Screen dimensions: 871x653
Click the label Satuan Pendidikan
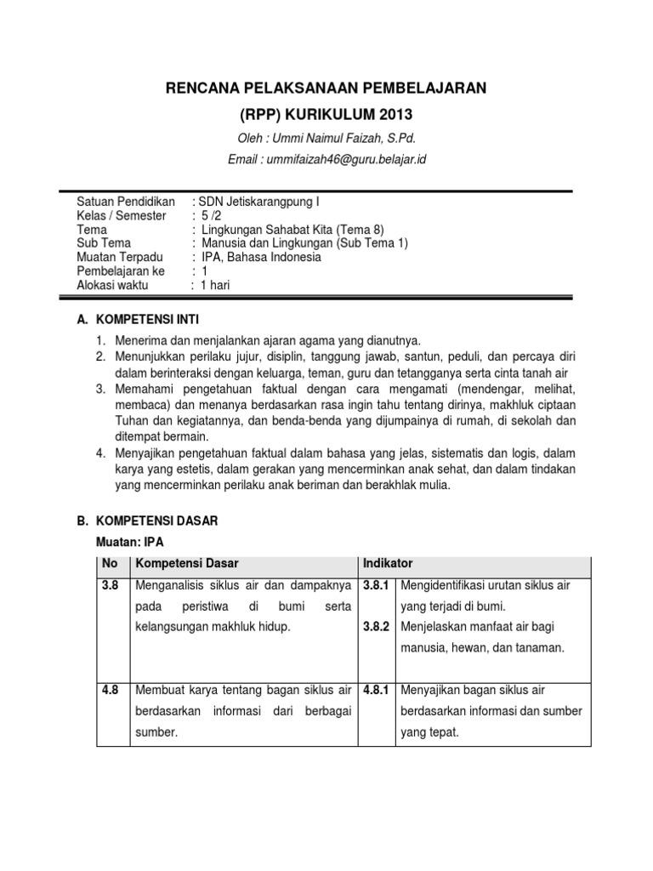[x=125, y=202]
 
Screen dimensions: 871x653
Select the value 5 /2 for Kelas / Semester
[x=211, y=216]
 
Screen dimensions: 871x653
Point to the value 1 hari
[x=215, y=286]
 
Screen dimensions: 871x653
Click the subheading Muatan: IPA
[x=131, y=542]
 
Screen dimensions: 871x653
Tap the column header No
[x=110, y=564]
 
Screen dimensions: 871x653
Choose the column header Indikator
[x=388, y=564]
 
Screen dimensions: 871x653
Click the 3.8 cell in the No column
[x=110, y=586]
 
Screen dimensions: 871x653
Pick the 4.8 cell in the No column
[x=110, y=690]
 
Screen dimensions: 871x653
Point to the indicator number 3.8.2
[x=376, y=628]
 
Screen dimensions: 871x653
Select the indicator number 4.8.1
[x=376, y=690]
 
